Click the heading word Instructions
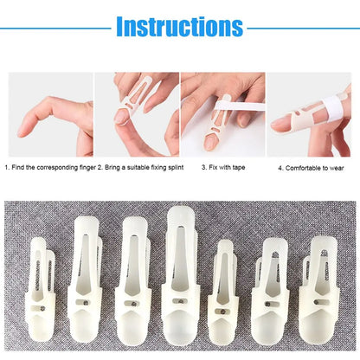pyautogui.click(x=179, y=27)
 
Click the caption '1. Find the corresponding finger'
pyautogui.click(x=48, y=166)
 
